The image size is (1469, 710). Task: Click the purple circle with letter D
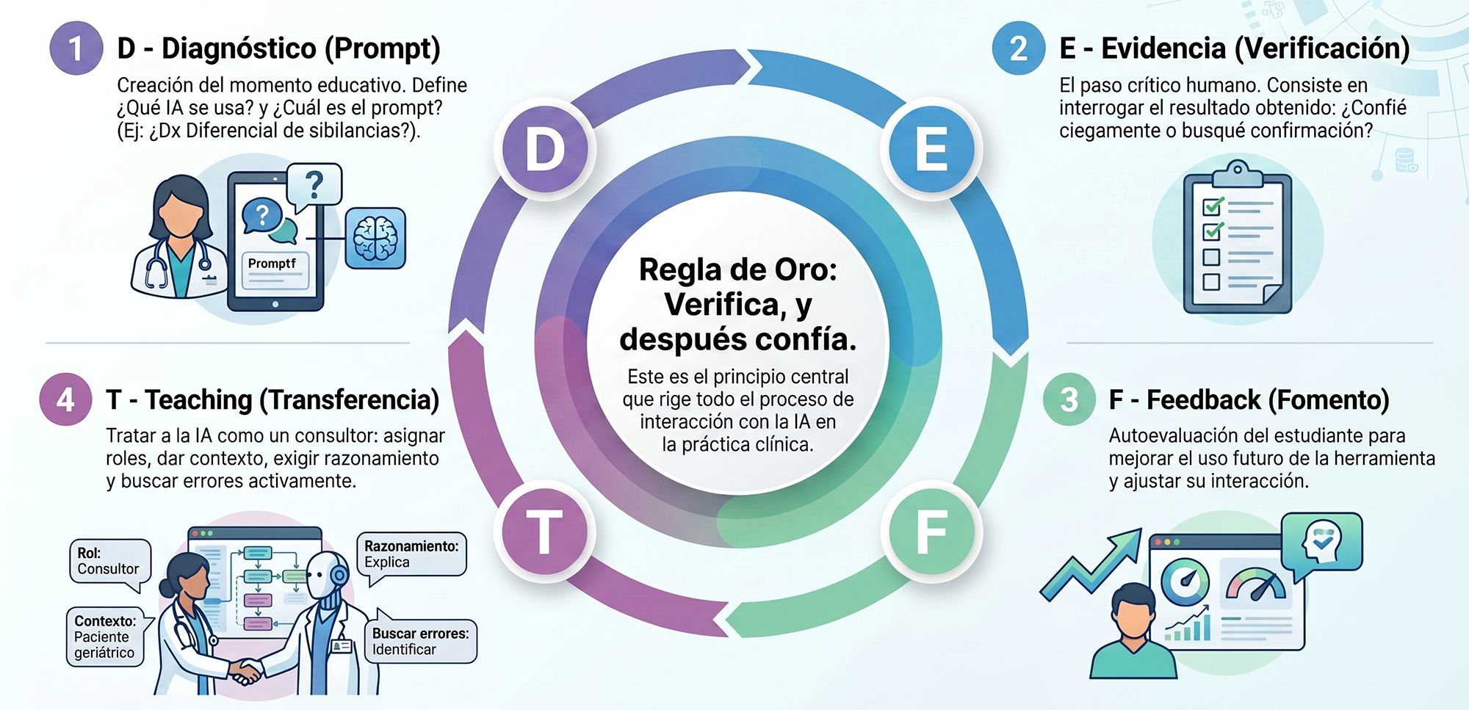[545, 149]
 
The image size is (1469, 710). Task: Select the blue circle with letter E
[931, 149]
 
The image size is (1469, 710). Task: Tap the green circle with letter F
[931, 532]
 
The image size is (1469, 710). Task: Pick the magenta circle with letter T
[545, 532]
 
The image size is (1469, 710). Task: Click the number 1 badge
[76, 48]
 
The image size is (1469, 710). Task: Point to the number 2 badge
[1019, 48]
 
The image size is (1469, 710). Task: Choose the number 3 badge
[1069, 399]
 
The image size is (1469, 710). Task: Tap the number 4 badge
[66, 399]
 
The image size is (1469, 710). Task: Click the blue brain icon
[375, 238]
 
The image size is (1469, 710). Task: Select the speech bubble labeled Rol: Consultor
[109, 563]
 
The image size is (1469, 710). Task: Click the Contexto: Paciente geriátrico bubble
[106, 637]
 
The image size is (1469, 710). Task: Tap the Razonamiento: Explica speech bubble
[411, 556]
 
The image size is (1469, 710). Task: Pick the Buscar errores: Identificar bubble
[420, 639]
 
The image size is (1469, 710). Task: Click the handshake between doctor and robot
[246, 670]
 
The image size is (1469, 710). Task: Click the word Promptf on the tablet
[272, 263]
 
